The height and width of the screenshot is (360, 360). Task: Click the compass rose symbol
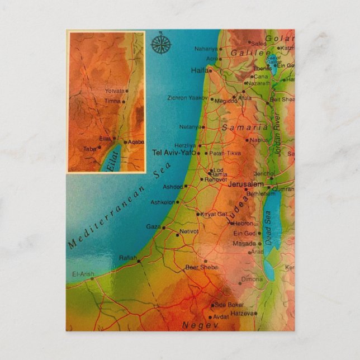click(x=162, y=43)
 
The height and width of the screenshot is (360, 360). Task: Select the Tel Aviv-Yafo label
click(x=174, y=152)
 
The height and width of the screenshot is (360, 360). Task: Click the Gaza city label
click(x=153, y=227)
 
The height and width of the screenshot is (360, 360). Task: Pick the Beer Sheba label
click(x=202, y=267)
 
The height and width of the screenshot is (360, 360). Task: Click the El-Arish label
click(x=83, y=274)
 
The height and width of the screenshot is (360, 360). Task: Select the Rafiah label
click(x=127, y=258)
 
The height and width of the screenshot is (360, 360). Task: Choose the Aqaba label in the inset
click(x=136, y=142)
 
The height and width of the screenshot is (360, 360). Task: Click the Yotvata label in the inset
click(x=114, y=91)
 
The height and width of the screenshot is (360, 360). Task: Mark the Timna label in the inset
click(x=112, y=101)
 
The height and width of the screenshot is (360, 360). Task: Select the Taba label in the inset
click(x=89, y=149)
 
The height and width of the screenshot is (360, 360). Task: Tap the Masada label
click(x=245, y=244)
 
